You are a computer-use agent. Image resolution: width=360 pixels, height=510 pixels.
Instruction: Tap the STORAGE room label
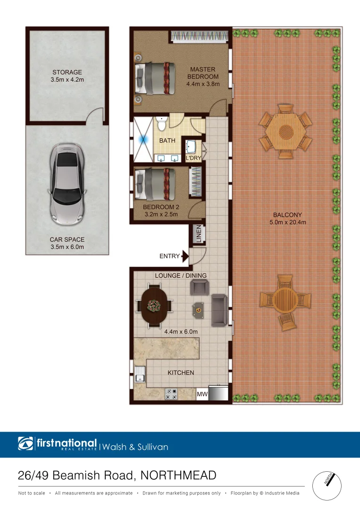[67, 73]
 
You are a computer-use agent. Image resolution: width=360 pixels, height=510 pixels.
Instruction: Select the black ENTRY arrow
[185, 256]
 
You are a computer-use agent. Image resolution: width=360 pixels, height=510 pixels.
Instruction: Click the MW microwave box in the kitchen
[202, 393]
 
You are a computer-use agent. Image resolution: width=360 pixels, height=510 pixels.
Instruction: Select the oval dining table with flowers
[154, 306]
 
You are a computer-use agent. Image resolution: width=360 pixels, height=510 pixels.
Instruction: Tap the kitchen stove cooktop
[171, 394]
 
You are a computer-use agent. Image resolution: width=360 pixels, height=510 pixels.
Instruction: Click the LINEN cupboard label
[198, 234]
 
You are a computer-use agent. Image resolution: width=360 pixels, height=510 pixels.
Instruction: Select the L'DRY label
[193, 158]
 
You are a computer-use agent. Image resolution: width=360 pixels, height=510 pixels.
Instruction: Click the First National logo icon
[26, 444]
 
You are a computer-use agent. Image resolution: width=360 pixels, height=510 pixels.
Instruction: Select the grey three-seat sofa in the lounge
[219, 309]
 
